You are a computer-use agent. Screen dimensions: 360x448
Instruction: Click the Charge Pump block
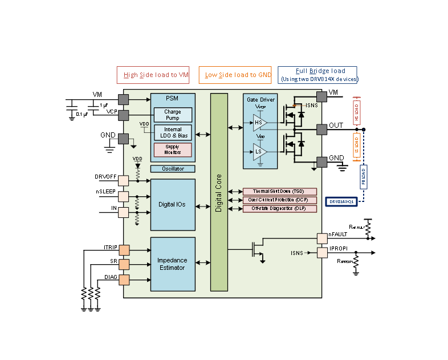click(x=172, y=115)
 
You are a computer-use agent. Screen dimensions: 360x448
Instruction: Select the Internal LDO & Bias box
click(x=172, y=132)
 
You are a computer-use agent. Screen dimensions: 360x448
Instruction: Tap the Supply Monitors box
click(x=172, y=149)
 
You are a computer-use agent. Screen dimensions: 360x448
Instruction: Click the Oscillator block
click(x=172, y=169)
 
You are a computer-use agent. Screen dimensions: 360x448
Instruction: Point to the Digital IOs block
click(x=172, y=204)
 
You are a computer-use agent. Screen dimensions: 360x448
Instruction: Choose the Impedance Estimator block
click(x=172, y=264)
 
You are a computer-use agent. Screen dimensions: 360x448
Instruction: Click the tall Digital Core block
click(x=219, y=192)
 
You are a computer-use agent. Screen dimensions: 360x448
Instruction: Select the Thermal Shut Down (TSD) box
click(x=279, y=191)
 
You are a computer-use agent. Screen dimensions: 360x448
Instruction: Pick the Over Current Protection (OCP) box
click(x=279, y=200)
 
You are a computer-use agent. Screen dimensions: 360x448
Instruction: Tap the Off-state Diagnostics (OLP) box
click(x=279, y=209)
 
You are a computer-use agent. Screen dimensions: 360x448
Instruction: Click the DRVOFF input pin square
click(x=123, y=180)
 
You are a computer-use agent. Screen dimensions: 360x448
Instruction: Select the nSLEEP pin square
click(x=123, y=196)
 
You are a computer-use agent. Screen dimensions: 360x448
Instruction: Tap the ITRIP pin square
click(x=123, y=249)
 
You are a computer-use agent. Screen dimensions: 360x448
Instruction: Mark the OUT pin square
click(x=322, y=130)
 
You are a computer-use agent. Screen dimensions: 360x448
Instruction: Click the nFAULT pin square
click(x=322, y=237)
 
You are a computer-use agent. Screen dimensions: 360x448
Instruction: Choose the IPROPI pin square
click(x=322, y=252)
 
